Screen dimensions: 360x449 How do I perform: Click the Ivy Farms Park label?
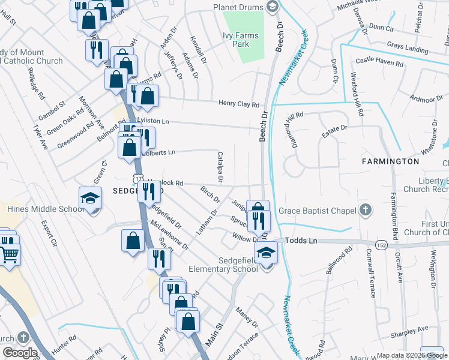point(241,40)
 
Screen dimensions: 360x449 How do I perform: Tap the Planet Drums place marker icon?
point(272,7)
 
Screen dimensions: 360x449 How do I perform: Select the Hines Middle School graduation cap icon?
point(90,198)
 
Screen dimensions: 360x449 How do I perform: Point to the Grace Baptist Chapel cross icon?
point(364,211)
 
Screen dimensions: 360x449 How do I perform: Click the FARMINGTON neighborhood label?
point(390,161)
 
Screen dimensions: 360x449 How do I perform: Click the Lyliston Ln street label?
point(153,121)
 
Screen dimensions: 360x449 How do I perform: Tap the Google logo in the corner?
point(20,353)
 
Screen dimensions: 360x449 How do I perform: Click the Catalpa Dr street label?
point(220,167)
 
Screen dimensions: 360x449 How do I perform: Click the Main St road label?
point(215,334)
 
